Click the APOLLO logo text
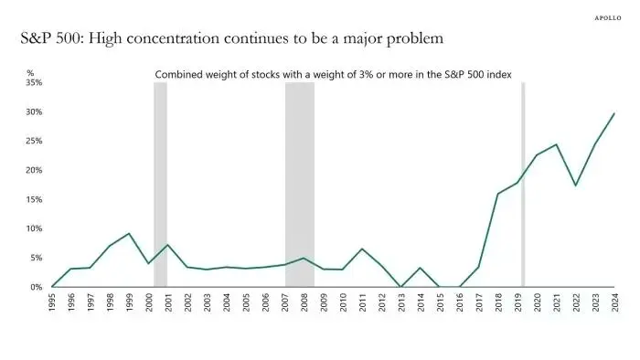(608, 18)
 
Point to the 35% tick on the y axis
(35, 82)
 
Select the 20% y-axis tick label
(35, 170)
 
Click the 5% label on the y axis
(37, 258)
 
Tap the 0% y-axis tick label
(37, 287)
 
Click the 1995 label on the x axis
(52, 302)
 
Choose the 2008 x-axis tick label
(304, 302)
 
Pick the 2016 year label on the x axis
(460, 302)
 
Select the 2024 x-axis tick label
(614, 302)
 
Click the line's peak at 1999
(129, 234)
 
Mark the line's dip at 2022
(575, 185)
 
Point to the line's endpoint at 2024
(613, 113)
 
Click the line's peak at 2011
(362, 249)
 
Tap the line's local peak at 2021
(556, 144)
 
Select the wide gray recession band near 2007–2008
(300, 185)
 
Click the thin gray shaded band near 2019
(523, 185)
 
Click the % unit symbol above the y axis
(30, 73)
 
